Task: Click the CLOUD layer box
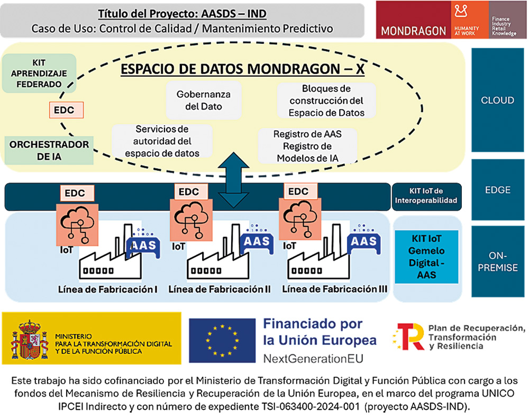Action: (497, 100)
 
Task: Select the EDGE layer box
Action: (497, 189)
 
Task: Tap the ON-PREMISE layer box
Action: (497, 261)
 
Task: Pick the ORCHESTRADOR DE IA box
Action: (49, 150)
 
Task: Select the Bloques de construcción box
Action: (326, 101)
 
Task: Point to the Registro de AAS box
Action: (307, 146)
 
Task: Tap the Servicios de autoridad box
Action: (162, 141)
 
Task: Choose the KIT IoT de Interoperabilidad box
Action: (427, 196)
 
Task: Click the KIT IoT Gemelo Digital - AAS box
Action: (426, 256)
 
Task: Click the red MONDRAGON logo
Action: (413, 21)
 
